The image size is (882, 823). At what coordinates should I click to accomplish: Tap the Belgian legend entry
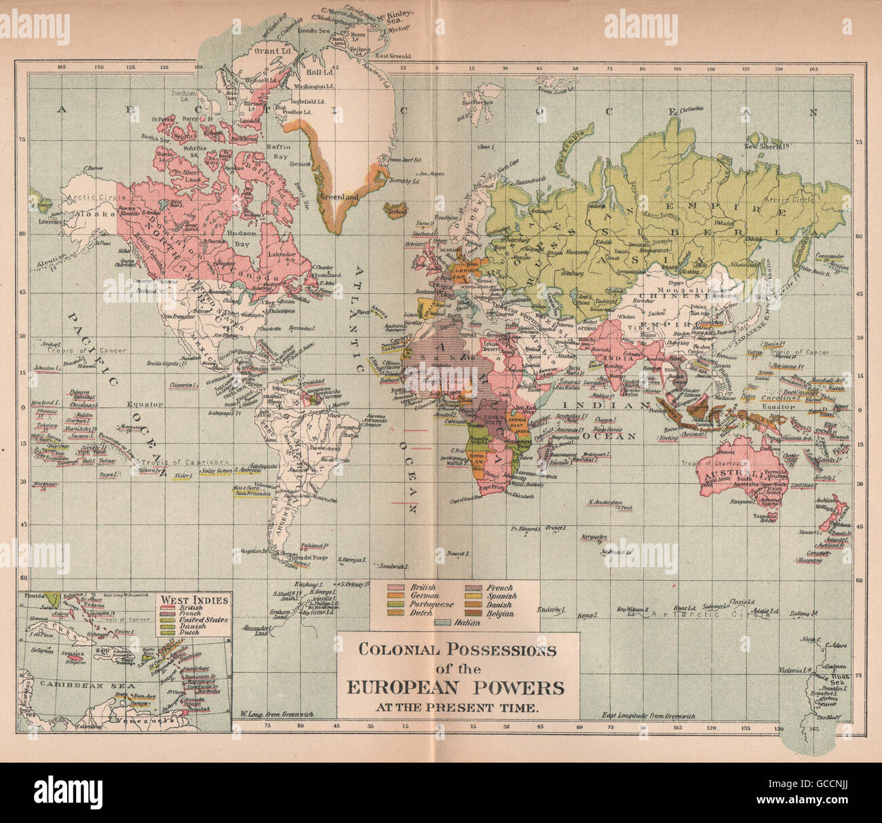(500, 613)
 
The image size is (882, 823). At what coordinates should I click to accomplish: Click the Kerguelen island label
(594, 537)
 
